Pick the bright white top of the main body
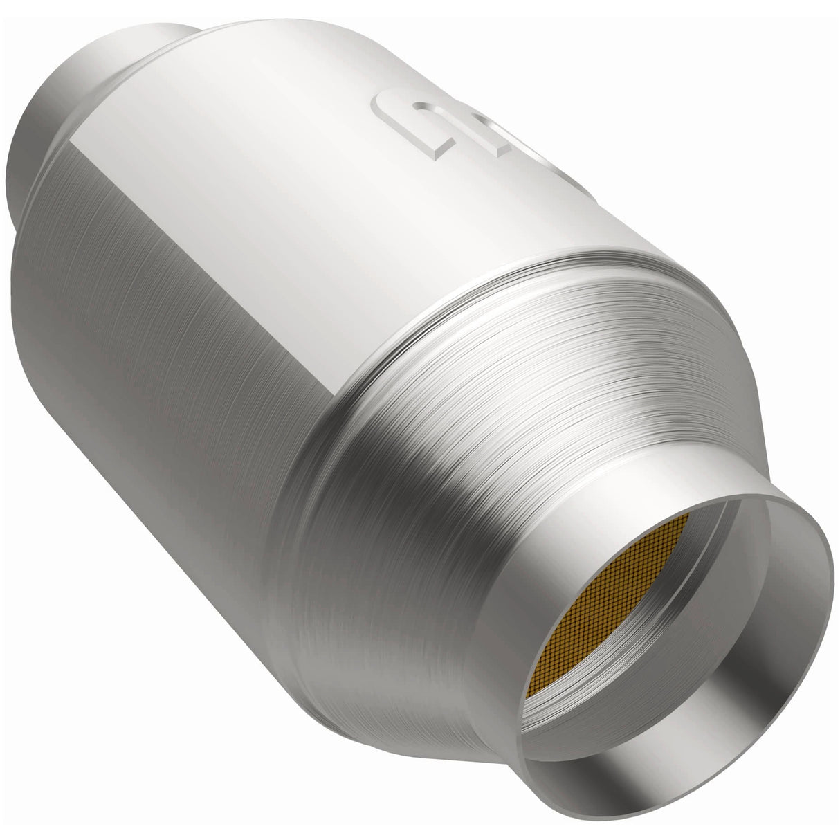pos(277,138)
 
